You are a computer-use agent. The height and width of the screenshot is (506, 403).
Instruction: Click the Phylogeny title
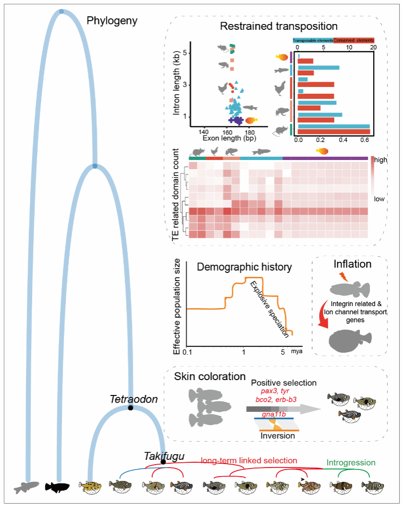(x=112, y=21)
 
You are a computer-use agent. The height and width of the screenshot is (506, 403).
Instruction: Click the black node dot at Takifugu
(x=164, y=462)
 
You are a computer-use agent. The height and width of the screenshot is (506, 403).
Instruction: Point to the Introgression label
(x=351, y=463)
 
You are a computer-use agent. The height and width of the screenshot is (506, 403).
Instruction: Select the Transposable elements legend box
(x=313, y=40)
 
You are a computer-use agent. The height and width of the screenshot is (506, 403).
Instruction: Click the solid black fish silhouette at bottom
(x=58, y=486)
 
